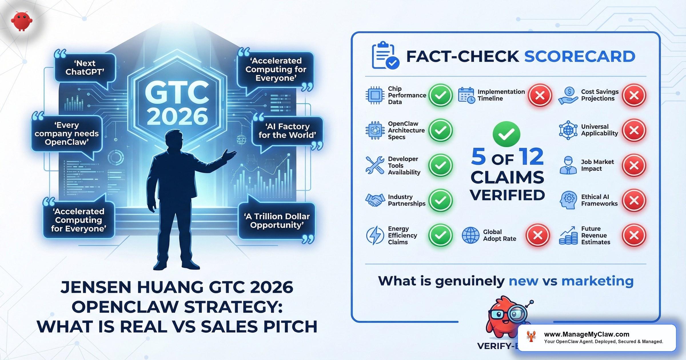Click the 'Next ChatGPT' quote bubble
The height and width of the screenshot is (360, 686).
click(x=85, y=68)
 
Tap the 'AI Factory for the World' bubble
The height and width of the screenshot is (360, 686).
click(x=287, y=131)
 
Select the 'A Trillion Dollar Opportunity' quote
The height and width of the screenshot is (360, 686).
click(x=277, y=221)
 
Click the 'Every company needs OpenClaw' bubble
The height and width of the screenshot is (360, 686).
click(x=67, y=134)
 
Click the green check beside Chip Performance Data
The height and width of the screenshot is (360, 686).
click(x=440, y=95)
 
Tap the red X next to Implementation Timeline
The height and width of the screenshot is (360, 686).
click(x=540, y=95)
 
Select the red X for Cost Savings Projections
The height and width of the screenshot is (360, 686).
click(x=634, y=95)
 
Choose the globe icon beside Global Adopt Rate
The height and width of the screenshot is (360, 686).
click(x=470, y=235)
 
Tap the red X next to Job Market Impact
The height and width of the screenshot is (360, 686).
click(x=634, y=165)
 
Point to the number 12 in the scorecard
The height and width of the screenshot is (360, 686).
click(x=532, y=157)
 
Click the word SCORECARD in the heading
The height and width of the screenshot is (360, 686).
click(x=579, y=56)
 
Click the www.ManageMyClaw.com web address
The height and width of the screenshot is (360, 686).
click(x=587, y=334)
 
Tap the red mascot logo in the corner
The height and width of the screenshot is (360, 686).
click(x=21, y=21)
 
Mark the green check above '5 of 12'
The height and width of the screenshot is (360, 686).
click(x=506, y=134)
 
